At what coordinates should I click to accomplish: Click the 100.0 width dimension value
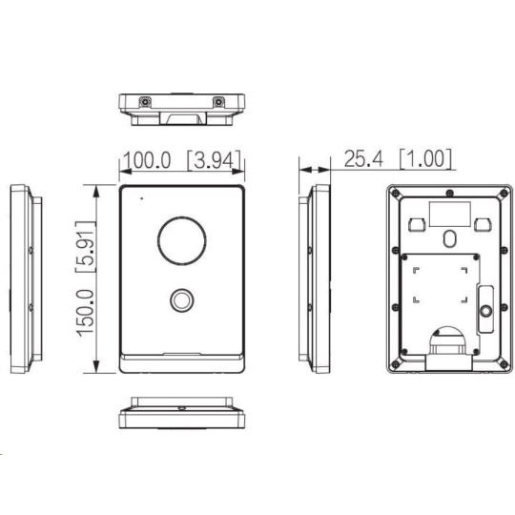[147, 160]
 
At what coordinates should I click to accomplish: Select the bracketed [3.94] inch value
[214, 160]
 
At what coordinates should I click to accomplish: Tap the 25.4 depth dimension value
[363, 158]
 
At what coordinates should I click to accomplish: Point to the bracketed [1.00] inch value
[425, 158]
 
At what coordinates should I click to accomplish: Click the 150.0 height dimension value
[86, 313]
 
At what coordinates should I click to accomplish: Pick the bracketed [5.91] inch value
[86, 247]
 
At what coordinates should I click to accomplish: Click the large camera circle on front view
[182, 240]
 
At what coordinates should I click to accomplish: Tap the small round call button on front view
[181, 299]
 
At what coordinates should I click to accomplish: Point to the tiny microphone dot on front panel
[141, 198]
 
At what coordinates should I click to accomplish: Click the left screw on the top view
[145, 102]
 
